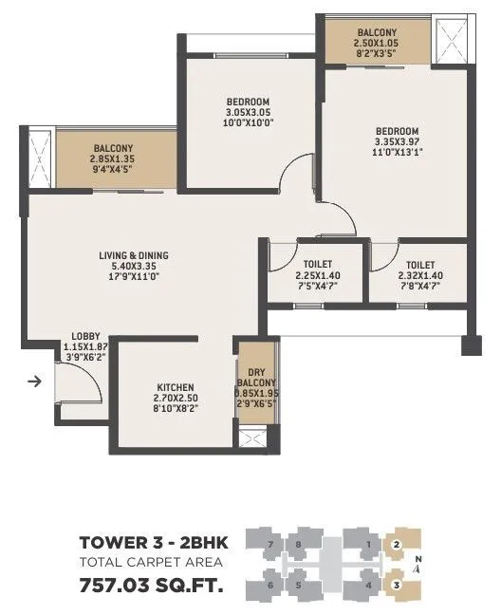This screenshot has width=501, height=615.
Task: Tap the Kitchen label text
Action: tap(176, 387)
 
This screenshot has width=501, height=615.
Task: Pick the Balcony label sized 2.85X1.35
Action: tap(112, 148)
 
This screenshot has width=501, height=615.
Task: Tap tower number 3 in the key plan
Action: tap(397, 585)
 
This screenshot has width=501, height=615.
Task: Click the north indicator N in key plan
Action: tap(418, 560)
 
